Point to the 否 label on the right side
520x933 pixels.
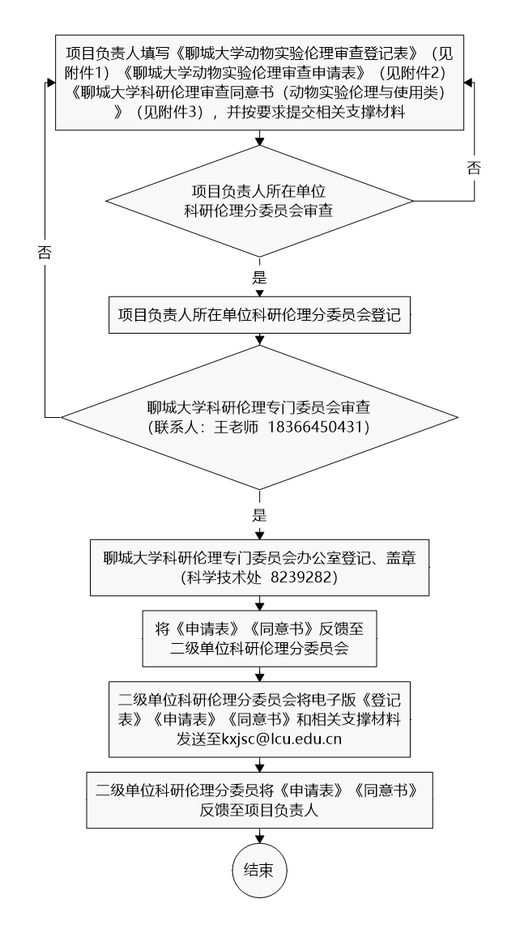coord(474,168)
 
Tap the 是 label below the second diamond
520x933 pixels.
coord(259,515)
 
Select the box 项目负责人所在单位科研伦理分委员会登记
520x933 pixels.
coord(259,315)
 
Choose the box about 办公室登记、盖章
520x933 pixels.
coord(259,567)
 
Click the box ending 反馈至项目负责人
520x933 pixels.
coord(259,799)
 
